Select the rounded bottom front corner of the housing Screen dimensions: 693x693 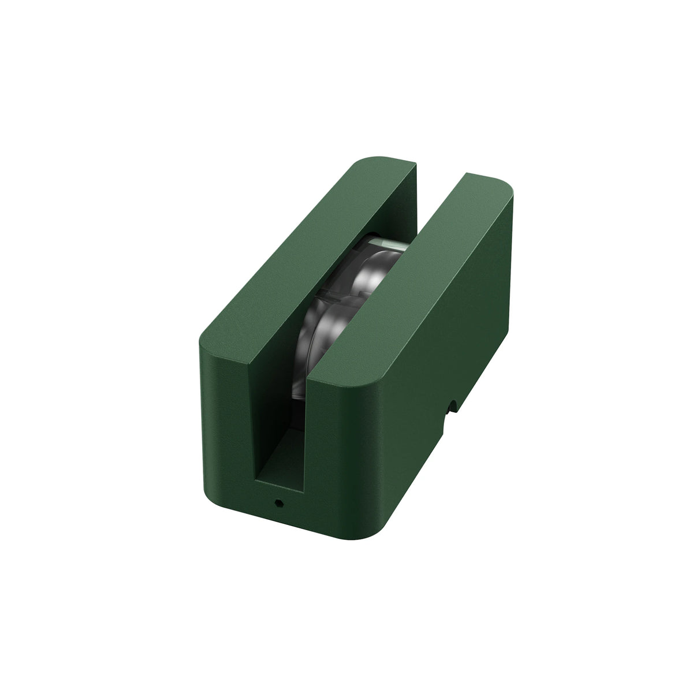click(370, 534)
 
